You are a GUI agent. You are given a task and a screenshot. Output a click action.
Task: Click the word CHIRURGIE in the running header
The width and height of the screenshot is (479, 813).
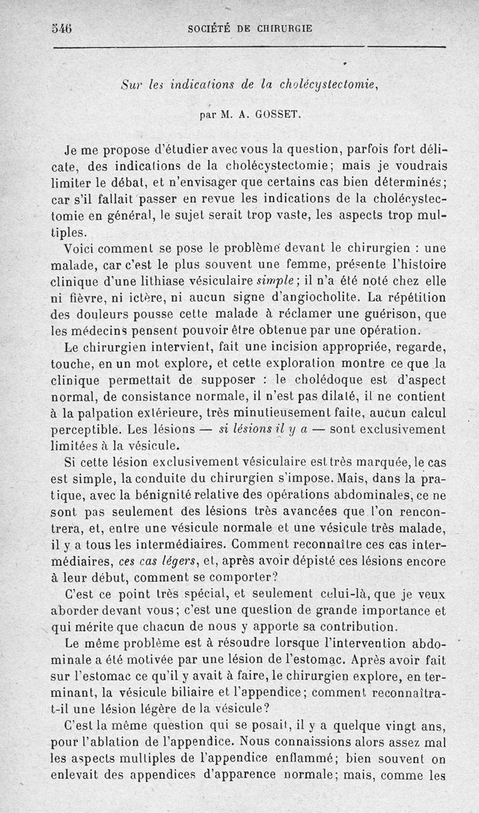point(284,28)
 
